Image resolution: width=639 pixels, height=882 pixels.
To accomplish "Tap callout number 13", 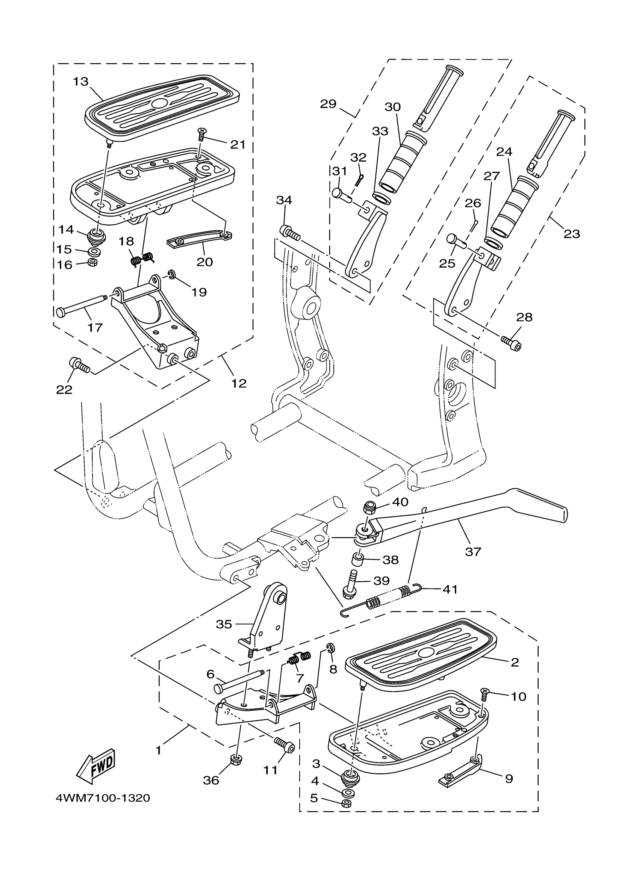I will [81, 82].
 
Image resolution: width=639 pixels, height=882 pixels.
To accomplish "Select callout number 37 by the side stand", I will [473, 551].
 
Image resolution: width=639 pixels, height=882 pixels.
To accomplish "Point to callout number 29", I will [328, 104].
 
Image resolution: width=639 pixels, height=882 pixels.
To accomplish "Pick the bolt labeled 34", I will [289, 233].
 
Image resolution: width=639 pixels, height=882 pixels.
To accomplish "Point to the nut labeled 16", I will [92, 263].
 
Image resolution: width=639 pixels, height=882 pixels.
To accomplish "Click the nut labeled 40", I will [369, 507].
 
